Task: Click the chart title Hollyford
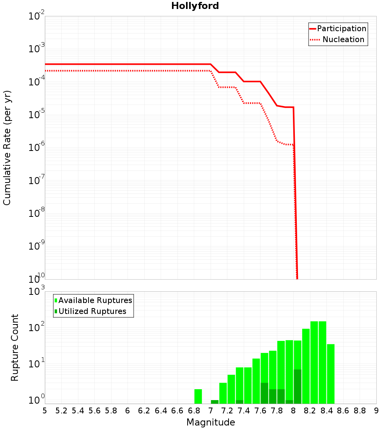coord(195,6)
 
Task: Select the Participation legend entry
coord(338,28)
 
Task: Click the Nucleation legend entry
coord(338,39)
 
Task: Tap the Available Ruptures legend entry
coord(94,300)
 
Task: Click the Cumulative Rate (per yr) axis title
coord(7,148)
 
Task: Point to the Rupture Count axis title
coord(14,347)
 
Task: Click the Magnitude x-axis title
coord(211,422)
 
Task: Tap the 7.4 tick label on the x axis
coord(244,411)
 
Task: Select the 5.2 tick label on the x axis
coord(61,411)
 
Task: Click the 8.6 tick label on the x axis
coord(343,411)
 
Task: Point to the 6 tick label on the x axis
coord(128,411)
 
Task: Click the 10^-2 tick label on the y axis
coord(37,17)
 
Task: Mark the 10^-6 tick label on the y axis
coord(37,148)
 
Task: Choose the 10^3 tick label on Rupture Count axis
coord(37,292)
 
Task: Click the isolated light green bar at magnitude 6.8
coord(198,396)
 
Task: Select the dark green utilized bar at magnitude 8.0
coord(298,386)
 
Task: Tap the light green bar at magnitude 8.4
coord(331,374)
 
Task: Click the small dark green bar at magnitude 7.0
coord(214,402)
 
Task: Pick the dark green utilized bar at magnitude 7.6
coord(264,393)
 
